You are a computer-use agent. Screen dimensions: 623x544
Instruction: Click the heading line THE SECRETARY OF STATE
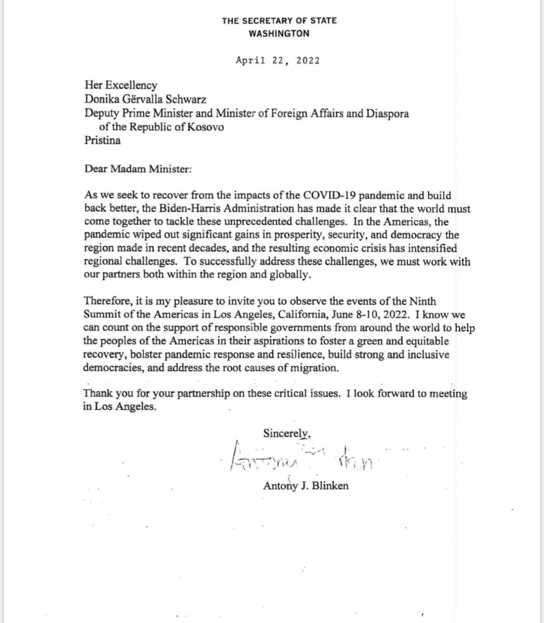(x=279, y=20)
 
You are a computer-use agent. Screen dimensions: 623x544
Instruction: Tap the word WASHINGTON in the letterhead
(x=279, y=33)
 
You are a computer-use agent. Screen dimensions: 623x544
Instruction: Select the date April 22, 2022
(x=278, y=60)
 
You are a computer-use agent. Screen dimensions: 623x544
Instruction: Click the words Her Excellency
(x=121, y=85)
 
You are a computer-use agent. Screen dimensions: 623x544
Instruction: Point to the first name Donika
(x=99, y=99)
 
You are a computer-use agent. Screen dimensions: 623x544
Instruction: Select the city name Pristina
(x=102, y=140)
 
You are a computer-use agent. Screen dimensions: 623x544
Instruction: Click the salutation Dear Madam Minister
(x=138, y=169)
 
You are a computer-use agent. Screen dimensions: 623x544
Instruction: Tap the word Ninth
(x=423, y=302)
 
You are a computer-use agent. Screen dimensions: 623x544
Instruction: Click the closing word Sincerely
(x=286, y=433)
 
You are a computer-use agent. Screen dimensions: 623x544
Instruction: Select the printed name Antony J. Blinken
(x=305, y=486)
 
